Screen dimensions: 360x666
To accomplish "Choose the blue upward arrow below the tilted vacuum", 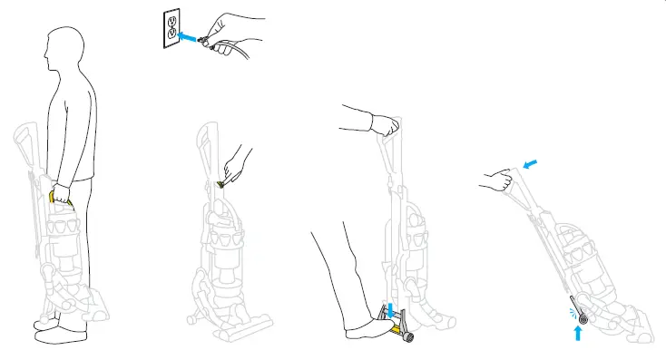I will (x=579, y=333).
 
